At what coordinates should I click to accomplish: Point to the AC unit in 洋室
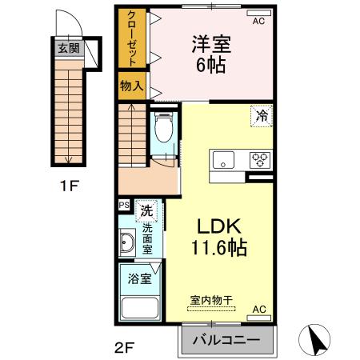coord(258,22)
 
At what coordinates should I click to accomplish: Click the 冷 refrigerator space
coord(262,116)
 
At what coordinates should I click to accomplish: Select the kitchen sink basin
coord(222,158)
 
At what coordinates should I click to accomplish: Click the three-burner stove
coord(260,158)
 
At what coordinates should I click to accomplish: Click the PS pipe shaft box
coord(124,206)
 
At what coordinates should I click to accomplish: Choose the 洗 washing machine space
coord(146,211)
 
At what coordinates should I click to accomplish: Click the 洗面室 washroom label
coord(147,238)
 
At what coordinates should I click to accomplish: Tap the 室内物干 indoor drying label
coord(211,300)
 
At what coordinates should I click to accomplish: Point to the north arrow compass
coord(316,340)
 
